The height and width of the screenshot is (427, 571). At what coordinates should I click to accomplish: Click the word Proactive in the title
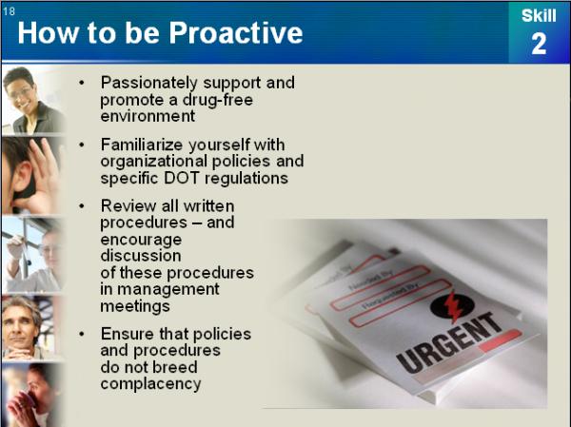click(236, 32)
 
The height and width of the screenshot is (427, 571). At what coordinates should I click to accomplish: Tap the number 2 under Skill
click(539, 44)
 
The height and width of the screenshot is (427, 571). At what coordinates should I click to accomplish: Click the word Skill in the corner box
click(539, 15)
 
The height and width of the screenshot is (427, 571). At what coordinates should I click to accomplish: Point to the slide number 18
click(9, 11)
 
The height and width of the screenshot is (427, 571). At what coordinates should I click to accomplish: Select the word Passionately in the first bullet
click(149, 83)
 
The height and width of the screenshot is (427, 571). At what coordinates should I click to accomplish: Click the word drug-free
click(217, 100)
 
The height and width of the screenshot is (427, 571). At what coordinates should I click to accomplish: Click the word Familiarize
click(142, 145)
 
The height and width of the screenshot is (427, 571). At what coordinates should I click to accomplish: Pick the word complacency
click(150, 384)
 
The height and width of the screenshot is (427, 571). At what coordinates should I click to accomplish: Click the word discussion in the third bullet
click(141, 256)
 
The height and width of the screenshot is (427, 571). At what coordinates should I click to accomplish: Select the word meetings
click(135, 306)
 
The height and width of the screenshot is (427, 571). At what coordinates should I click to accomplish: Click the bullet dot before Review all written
click(82, 206)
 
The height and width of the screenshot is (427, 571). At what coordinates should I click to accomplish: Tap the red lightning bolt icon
click(452, 306)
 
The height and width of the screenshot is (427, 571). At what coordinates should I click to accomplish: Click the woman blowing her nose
click(31, 395)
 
